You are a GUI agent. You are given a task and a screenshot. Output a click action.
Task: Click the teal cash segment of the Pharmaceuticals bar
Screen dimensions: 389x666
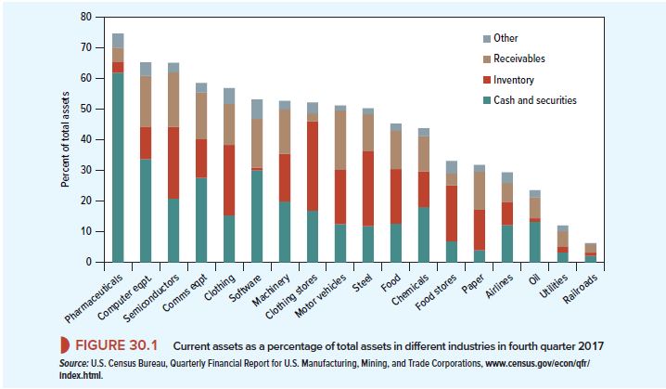pyautogui.click(x=118, y=167)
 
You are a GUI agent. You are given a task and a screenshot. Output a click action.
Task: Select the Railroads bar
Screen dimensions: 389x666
pyautogui.click(x=591, y=253)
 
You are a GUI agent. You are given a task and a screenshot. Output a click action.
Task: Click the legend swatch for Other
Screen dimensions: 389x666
pyautogui.click(x=487, y=39)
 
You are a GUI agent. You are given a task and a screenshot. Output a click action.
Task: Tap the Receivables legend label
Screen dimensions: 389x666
pyautogui.click(x=519, y=59)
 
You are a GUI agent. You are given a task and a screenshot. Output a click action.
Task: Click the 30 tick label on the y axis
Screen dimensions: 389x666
pyautogui.click(x=85, y=170)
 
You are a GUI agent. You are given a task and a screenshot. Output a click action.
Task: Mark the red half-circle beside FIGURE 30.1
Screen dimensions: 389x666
pyautogui.click(x=66, y=345)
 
